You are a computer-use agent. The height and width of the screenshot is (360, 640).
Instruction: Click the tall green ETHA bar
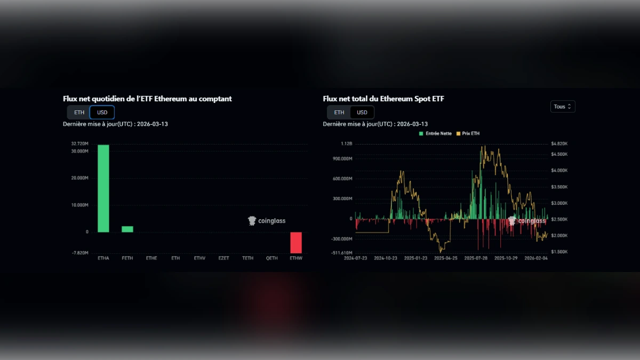tap(103, 188)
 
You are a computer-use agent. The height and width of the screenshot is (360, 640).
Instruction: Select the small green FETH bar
tap(127, 229)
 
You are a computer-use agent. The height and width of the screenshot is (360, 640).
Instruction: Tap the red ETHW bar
tap(296, 243)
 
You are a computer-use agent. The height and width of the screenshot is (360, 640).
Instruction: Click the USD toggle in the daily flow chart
tap(102, 113)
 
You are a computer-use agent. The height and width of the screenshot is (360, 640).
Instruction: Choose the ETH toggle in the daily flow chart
tap(79, 113)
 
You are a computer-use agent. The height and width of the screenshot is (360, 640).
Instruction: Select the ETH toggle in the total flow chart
tap(339, 113)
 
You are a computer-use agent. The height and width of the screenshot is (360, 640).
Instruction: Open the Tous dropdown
tap(563, 107)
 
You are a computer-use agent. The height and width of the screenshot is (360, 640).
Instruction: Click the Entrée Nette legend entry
tap(437, 133)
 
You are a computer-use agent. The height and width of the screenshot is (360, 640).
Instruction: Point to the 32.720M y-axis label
tap(79, 144)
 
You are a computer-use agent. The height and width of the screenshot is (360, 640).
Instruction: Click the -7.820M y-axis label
tap(80, 253)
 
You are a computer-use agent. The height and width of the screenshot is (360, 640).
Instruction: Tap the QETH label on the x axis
tap(272, 258)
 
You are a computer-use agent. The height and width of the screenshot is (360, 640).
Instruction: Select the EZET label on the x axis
tap(223, 258)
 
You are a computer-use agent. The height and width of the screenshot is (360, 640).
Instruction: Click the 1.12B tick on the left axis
tap(346, 144)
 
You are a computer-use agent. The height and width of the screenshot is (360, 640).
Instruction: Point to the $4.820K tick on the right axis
tap(559, 144)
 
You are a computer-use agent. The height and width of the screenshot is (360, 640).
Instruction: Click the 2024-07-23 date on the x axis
tap(356, 258)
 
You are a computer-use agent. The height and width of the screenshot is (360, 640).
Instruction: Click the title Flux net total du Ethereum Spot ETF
tap(383, 99)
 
